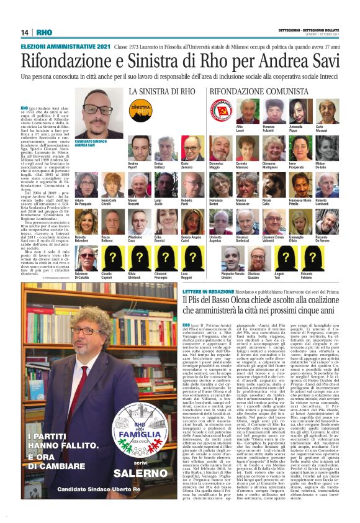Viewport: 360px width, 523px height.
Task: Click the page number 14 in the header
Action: coord(25,32)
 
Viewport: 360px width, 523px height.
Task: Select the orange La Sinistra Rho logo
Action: coord(138,110)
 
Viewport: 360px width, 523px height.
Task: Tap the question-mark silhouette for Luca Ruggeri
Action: coord(185,257)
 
